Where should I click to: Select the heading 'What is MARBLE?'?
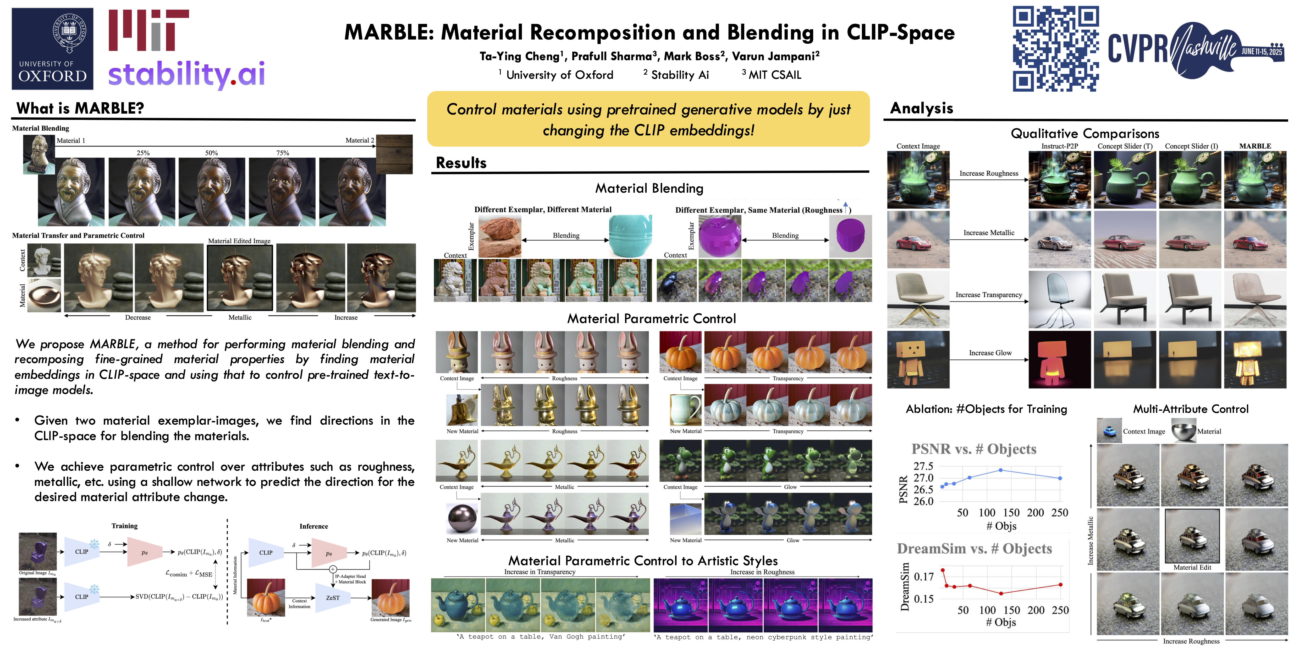point(80,108)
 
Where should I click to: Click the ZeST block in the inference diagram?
point(333,598)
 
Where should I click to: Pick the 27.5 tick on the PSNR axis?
point(923,466)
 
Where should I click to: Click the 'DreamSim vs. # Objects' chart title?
point(974,549)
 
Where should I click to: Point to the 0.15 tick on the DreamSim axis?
point(924,599)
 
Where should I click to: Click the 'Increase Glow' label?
point(990,353)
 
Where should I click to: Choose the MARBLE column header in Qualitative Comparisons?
point(1255,146)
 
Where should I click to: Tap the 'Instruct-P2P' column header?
point(1059,146)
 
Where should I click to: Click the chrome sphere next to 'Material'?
point(1184,431)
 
